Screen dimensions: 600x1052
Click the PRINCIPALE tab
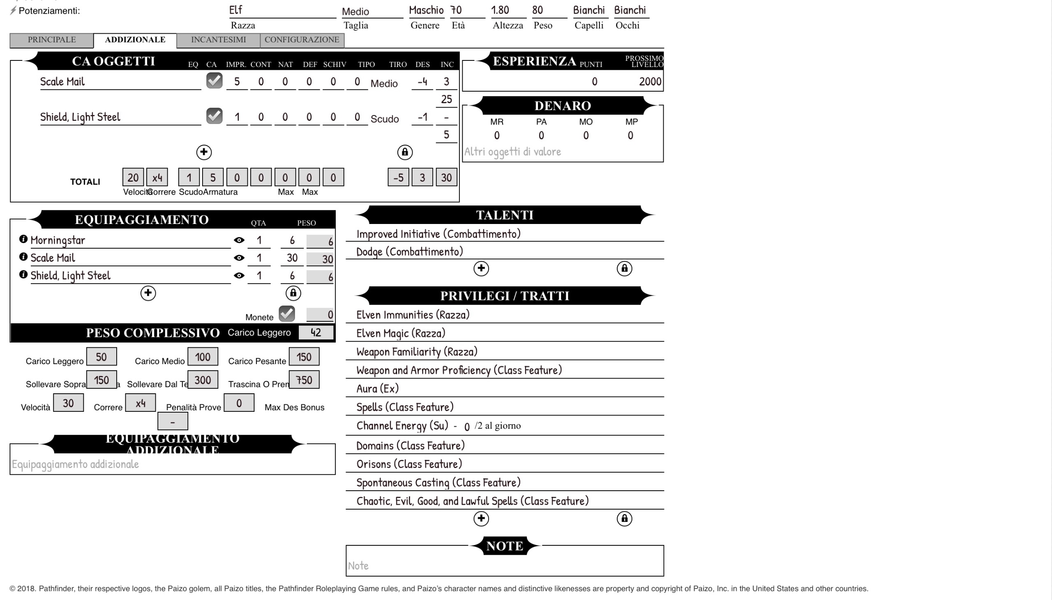click(51, 40)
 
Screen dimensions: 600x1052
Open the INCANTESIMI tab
click(218, 40)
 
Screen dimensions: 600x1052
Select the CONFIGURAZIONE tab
click(302, 40)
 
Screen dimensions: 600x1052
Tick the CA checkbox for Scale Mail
click(214, 81)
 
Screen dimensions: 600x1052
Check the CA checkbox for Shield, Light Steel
click(214, 116)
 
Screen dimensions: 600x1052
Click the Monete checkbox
click(286, 314)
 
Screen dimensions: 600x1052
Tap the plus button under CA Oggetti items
click(204, 152)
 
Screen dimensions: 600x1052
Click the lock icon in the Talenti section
click(624, 269)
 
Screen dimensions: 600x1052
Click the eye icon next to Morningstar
click(239, 240)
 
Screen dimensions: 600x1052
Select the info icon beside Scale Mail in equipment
click(23, 257)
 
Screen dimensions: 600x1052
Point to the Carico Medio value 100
click(202, 357)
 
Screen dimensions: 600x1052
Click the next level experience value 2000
click(649, 82)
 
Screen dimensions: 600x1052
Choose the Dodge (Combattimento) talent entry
click(409, 252)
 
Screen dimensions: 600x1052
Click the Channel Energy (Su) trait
click(402, 426)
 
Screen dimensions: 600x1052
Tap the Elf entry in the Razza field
click(236, 10)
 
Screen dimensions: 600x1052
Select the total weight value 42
click(316, 332)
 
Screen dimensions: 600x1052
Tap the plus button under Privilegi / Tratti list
click(481, 518)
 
